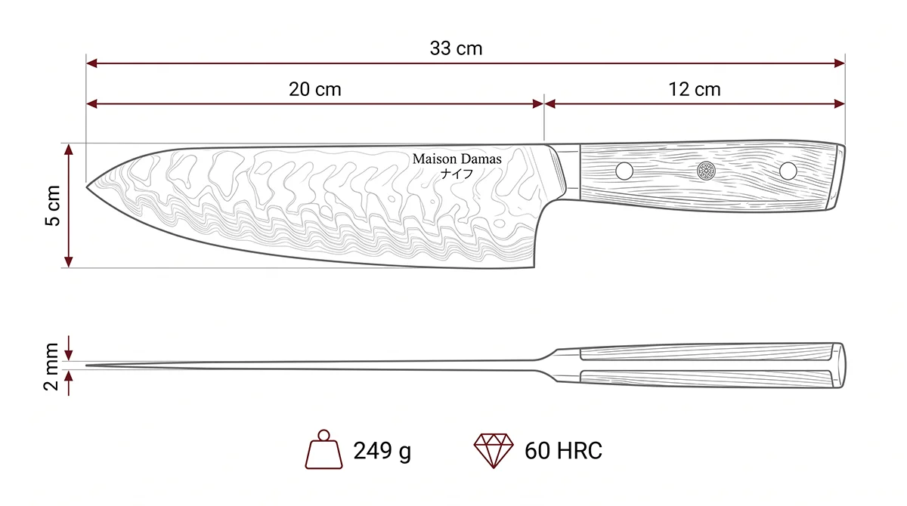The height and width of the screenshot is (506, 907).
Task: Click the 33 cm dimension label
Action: click(456, 48)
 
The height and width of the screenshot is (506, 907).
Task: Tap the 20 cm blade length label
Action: click(314, 89)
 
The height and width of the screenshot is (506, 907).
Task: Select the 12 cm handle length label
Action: click(694, 89)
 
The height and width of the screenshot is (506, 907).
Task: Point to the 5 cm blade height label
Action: click(53, 205)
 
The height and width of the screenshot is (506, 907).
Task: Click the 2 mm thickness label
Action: click(51, 366)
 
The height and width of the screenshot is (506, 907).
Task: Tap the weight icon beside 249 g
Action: click(323, 449)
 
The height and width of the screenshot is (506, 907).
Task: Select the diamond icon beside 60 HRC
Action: click(493, 451)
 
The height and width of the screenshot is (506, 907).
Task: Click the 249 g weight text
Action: click(382, 451)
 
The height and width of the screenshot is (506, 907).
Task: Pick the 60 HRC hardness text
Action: click(563, 451)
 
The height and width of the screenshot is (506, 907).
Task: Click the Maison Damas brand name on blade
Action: click(457, 159)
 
